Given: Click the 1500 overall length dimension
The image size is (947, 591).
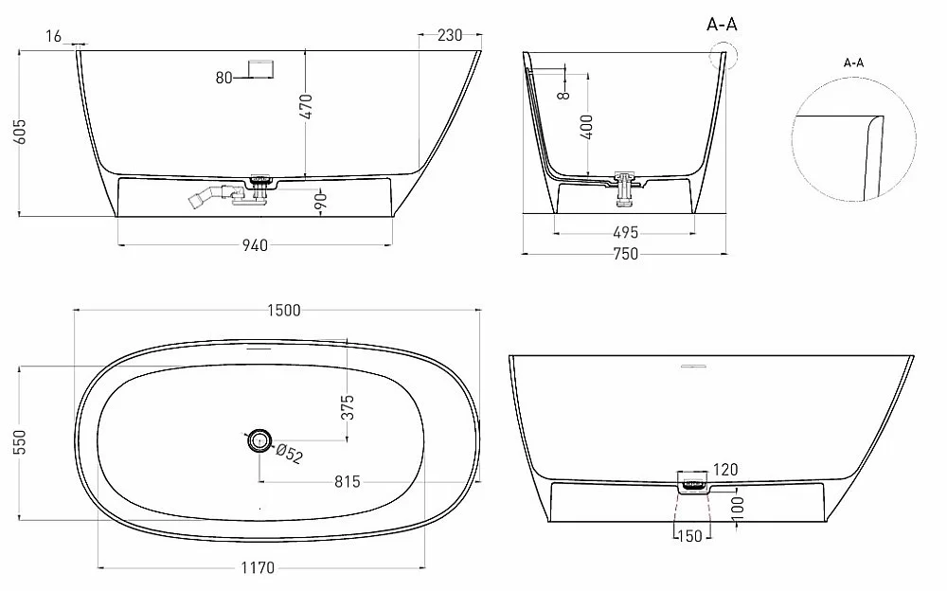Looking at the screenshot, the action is point(284,310).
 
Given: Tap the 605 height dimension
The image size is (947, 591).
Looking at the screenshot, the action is point(20,132).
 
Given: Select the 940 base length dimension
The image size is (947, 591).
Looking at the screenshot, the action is point(255,245).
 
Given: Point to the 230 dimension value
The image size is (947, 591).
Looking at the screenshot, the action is point(450,36).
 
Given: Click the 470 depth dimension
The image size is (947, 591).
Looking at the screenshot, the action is point(307,106).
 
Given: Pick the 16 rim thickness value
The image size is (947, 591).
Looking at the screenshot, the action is point(54,37).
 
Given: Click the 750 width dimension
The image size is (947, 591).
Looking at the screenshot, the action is point(626,254).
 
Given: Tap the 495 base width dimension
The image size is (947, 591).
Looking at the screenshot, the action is point(626,233).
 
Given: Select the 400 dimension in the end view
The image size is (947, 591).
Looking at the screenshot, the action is point(586,127).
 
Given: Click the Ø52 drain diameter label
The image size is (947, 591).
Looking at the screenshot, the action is point(289,454).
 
